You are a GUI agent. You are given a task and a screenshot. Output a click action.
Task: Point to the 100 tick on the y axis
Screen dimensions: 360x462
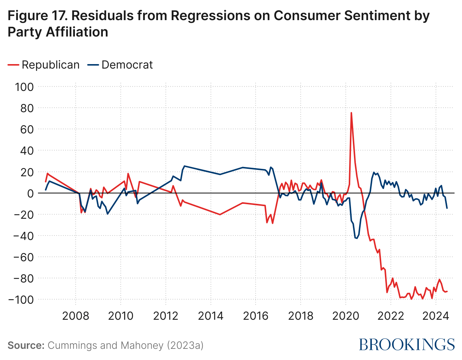(24, 87)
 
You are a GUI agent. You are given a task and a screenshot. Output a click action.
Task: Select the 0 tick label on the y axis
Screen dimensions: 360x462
(30, 193)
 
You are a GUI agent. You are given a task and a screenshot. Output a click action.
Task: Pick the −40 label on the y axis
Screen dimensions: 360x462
(23, 236)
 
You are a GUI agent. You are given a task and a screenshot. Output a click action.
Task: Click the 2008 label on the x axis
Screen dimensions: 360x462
(76, 316)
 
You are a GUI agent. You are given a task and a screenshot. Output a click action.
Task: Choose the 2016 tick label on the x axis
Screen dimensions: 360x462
(256, 316)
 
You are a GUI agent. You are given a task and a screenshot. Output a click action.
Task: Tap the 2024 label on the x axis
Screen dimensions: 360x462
(436, 316)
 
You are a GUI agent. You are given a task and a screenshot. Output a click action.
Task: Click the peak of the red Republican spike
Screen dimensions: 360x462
(351, 113)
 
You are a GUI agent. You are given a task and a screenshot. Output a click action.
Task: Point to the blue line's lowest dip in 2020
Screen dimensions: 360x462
(357, 238)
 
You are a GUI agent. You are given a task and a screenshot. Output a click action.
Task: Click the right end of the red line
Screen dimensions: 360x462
(447, 291)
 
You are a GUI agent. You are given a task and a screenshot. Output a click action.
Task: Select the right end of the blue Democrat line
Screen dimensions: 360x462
(447, 208)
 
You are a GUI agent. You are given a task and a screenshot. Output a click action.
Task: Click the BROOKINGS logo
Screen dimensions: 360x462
(407, 344)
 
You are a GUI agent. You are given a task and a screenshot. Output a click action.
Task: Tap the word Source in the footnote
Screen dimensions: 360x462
(26, 345)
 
